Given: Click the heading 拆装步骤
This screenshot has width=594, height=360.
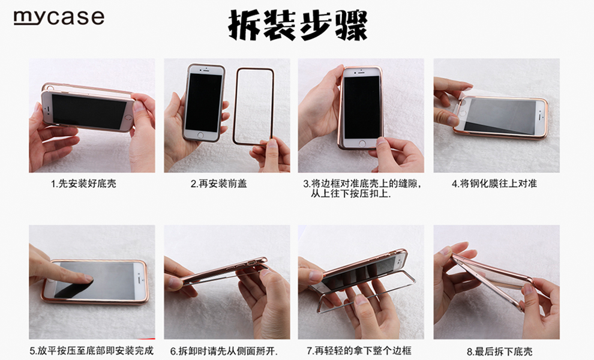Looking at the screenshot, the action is pos(298,25).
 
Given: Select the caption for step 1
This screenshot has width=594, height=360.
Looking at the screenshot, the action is pos(83,184).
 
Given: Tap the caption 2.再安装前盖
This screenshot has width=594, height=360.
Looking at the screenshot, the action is pos(218,184).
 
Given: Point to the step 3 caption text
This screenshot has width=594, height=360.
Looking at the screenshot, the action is pos(362,189).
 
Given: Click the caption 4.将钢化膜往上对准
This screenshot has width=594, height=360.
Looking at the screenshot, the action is pos(494,184).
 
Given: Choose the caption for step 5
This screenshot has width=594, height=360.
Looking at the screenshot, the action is pos(92,350).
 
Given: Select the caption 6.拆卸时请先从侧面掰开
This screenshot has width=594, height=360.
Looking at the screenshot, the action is pos(224,351).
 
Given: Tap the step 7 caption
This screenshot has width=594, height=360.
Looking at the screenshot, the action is pos(359,350).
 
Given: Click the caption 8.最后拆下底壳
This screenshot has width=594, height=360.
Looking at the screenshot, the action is pos(499,352).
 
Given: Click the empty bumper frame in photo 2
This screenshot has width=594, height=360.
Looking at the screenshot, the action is pos(236,106).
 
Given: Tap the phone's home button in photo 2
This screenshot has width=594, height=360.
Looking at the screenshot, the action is pos(200,134).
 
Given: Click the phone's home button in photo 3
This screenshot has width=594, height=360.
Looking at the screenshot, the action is pos(362,143).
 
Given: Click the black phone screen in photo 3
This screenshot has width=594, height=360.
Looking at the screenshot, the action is pos(362,107).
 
